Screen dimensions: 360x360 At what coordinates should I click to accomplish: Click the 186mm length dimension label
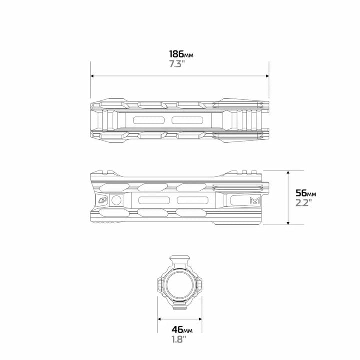[181, 54]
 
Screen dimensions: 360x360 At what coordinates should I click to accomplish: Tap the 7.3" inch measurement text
[177, 64]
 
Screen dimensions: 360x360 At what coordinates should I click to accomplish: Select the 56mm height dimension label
[306, 193]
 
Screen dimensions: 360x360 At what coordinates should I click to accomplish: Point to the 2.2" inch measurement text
[304, 203]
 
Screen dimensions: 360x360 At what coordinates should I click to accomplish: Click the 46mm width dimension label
[182, 330]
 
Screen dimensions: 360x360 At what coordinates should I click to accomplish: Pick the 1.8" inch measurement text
[179, 339]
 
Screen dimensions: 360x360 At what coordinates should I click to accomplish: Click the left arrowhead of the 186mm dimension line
[92, 76]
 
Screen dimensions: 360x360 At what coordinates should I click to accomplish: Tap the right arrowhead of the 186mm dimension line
[267, 76]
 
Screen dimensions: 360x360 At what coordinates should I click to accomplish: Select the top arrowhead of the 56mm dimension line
[288, 172]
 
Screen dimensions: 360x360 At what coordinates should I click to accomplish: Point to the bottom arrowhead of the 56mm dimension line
[288, 223]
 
